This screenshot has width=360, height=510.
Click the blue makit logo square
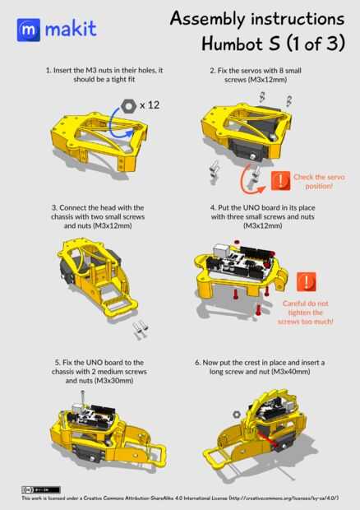pos(29,30)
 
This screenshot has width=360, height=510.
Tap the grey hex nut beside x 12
pos(128,106)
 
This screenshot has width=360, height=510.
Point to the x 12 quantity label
pos(150,105)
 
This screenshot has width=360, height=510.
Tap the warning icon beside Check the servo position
pos(281,180)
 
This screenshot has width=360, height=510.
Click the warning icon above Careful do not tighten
pos(306,281)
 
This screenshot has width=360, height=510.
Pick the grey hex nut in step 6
pos(237,415)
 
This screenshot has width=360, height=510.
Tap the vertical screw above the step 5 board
pos(82,398)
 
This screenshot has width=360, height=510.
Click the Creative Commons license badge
pos(41,489)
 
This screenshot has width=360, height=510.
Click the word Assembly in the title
pos(206,19)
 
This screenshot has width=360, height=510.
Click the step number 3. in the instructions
pos(54,207)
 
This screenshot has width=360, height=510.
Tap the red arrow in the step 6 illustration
pos(269,440)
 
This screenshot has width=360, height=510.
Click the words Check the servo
pos(319,177)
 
